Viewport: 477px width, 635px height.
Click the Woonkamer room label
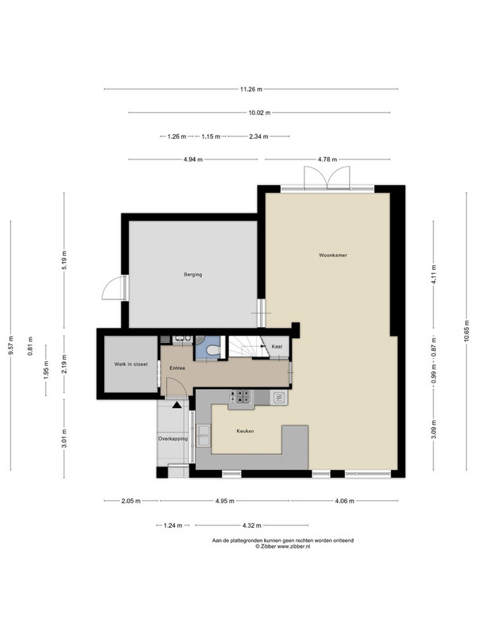332,255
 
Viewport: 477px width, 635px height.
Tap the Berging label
192,274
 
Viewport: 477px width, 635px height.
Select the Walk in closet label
130,364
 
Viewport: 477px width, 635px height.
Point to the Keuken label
245,431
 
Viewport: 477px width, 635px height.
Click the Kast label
277,347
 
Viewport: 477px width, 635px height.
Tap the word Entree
177,368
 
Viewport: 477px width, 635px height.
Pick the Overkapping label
173,439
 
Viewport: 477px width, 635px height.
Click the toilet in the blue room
212,349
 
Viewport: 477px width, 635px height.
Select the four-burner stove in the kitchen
241,396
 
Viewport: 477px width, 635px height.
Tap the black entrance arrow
176,404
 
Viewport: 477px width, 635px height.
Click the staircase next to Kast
245,348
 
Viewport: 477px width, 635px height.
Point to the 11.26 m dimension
251,89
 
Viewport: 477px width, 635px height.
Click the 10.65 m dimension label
467,331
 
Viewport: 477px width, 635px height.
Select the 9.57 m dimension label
11,345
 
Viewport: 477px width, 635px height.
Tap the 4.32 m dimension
251,525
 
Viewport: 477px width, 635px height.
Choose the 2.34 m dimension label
258,137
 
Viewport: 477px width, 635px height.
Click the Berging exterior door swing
111,287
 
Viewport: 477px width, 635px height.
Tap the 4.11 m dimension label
434,274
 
